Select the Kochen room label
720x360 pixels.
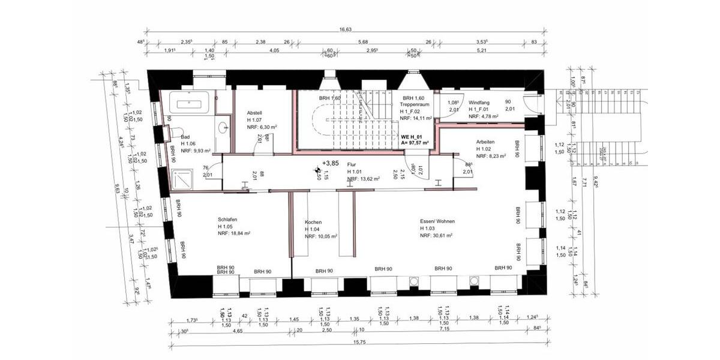(313, 221)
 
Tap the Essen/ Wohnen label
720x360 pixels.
(437, 221)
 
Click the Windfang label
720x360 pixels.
(479, 103)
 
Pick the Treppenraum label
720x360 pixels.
(413, 104)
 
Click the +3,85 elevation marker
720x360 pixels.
(331, 163)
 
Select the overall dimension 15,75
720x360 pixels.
(359, 343)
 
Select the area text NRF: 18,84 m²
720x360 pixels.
(234, 234)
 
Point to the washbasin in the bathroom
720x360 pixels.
(223, 127)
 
